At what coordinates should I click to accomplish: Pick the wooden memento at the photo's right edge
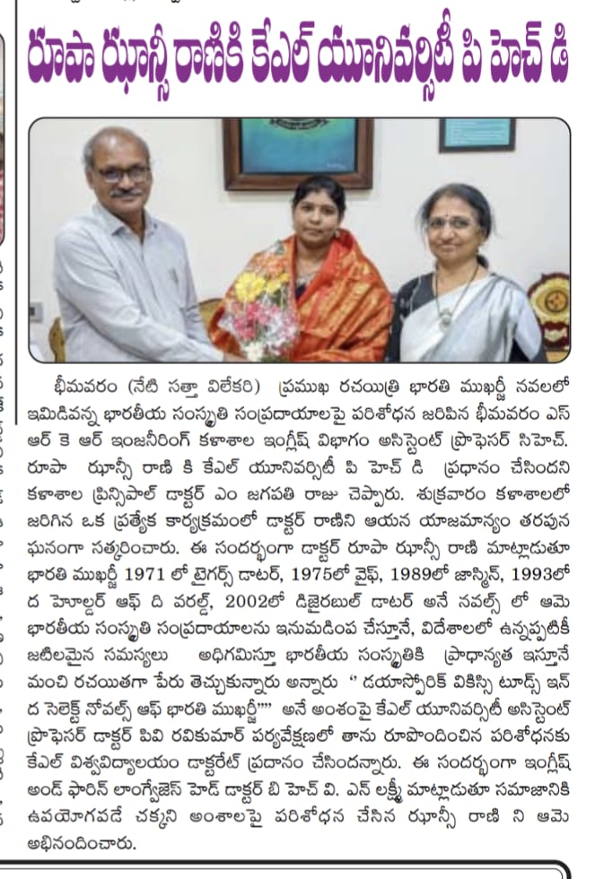549,305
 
